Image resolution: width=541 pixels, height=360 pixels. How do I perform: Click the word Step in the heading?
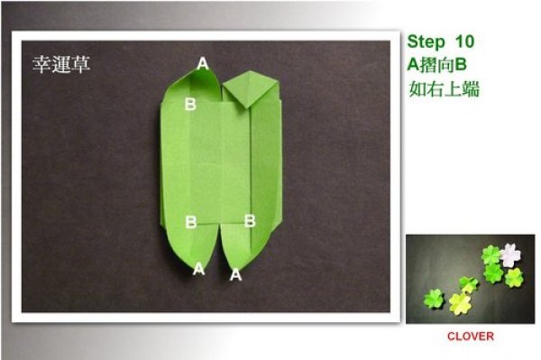coord(426,42)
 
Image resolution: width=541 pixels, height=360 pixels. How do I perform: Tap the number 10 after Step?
coord(465,42)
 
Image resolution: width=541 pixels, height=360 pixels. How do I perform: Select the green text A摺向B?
coord(436,65)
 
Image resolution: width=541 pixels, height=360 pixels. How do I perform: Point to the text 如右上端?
coord(444,89)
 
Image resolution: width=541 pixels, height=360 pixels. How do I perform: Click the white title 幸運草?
coord(61,65)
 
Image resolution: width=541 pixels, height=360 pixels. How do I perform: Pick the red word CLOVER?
coord(471,337)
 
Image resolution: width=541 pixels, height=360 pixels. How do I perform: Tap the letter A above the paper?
coord(203,63)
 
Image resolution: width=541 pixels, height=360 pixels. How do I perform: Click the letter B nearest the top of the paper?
coord(190,104)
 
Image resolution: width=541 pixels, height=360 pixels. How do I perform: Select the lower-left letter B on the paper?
coord(191,222)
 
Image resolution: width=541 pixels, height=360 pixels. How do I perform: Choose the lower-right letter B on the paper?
coord(250,221)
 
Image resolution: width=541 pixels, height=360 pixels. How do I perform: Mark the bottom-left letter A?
coord(198,269)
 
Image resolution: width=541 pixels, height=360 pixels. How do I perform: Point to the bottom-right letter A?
coord(235,275)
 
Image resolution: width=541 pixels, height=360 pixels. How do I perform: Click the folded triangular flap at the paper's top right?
coord(252,88)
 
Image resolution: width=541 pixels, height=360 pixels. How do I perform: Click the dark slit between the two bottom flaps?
coord(219,248)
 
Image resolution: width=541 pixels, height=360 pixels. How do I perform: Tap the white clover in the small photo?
coord(510,255)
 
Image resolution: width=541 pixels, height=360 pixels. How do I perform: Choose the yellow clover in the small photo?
coord(459,304)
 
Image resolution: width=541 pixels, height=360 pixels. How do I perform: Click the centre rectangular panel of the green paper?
coord(220,162)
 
